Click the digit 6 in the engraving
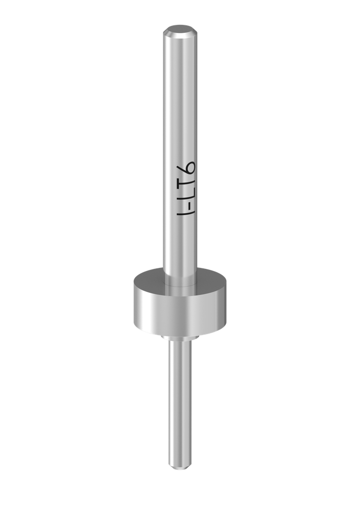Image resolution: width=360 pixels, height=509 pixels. pos(187,170)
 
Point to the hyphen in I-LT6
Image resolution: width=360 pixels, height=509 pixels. pos(187,205)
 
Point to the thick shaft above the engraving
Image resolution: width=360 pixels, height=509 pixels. pos(179,99)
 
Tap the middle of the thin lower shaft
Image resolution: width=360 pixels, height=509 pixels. pos(180,403)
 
